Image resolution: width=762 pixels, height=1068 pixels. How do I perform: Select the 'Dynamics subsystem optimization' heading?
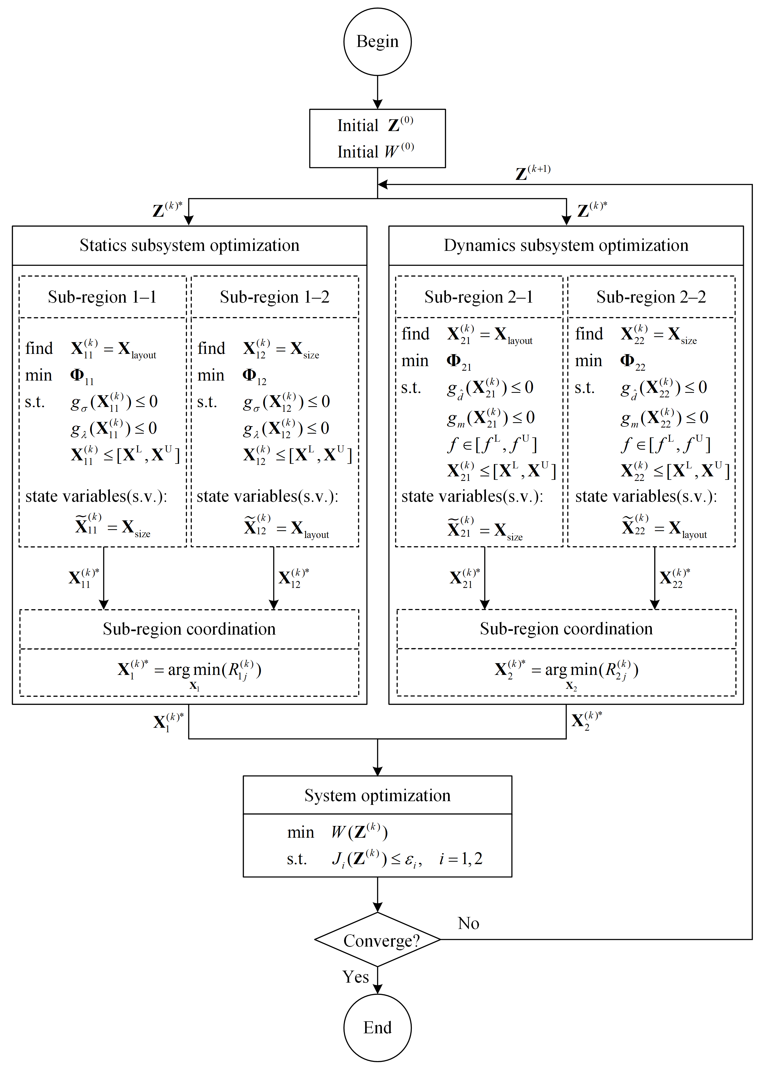click(566, 245)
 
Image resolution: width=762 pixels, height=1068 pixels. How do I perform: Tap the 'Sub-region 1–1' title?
click(102, 297)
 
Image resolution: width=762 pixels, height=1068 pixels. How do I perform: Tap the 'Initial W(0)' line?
click(375, 151)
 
